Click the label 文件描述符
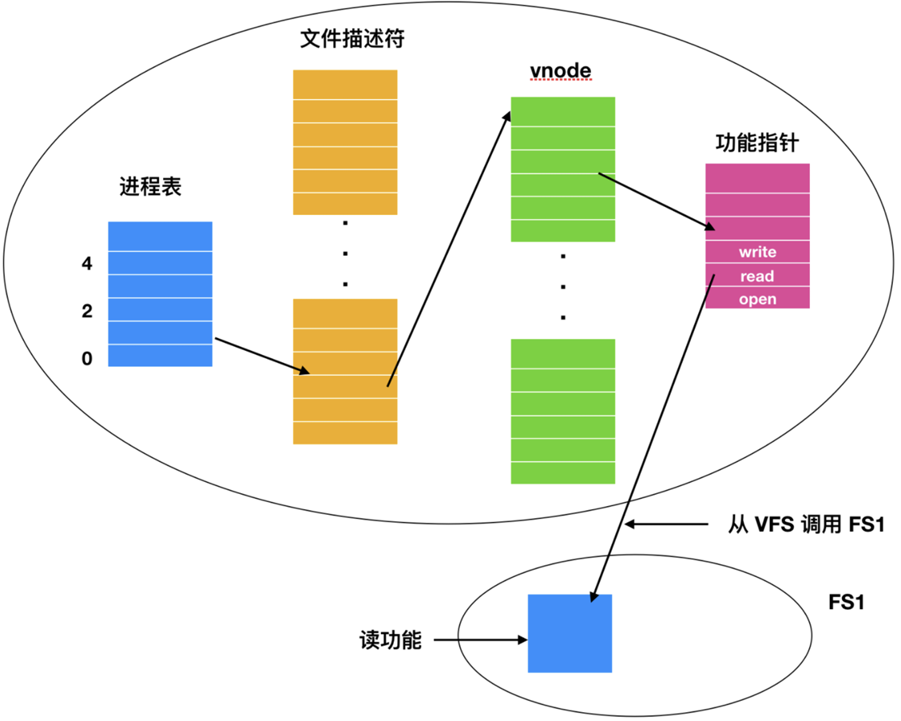coord(351,39)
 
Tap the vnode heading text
coord(561,71)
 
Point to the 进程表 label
coord(151,186)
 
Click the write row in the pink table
coord(757,252)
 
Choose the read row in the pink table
coord(757,276)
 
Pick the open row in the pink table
coord(757,299)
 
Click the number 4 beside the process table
coord(87,264)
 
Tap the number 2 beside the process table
coord(87,312)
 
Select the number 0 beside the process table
coord(87,360)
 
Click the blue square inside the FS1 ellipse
coord(570,633)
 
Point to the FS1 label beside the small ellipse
coord(847,602)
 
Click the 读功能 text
coord(390,640)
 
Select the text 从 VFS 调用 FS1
coord(807,525)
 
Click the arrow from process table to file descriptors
coord(262,356)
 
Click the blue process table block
coord(160,294)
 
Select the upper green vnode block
coord(562,169)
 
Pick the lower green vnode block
coord(562,411)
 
